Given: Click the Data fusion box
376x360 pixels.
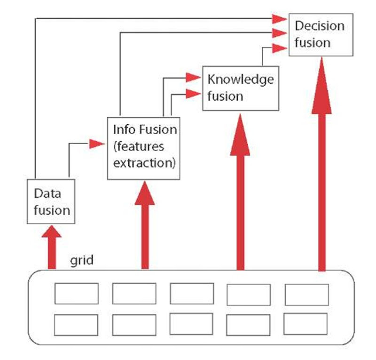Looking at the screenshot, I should coord(51,201).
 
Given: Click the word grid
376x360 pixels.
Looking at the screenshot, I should coord(82,260).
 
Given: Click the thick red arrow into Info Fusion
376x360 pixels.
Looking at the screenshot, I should coord(144,226).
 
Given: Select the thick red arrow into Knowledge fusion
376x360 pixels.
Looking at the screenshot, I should coord(241,193).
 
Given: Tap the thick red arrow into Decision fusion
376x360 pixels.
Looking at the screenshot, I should coord(321,165).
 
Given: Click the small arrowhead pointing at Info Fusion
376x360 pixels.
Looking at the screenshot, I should coord(97,144).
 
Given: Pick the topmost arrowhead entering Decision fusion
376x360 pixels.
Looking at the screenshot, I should coord(279,18).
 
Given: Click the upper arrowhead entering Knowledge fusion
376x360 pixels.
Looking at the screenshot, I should coord(193,77).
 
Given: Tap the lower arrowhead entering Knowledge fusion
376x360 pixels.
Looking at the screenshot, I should coord(193,94).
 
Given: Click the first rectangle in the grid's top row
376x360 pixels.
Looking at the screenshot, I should coord(77,294).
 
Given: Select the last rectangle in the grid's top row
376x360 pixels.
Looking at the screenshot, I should coord(306,294).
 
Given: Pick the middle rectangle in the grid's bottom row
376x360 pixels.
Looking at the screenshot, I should coord(191,324).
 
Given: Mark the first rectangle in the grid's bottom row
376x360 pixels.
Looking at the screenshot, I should coord(76,325).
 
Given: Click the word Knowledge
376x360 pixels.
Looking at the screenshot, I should coord(240,79).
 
